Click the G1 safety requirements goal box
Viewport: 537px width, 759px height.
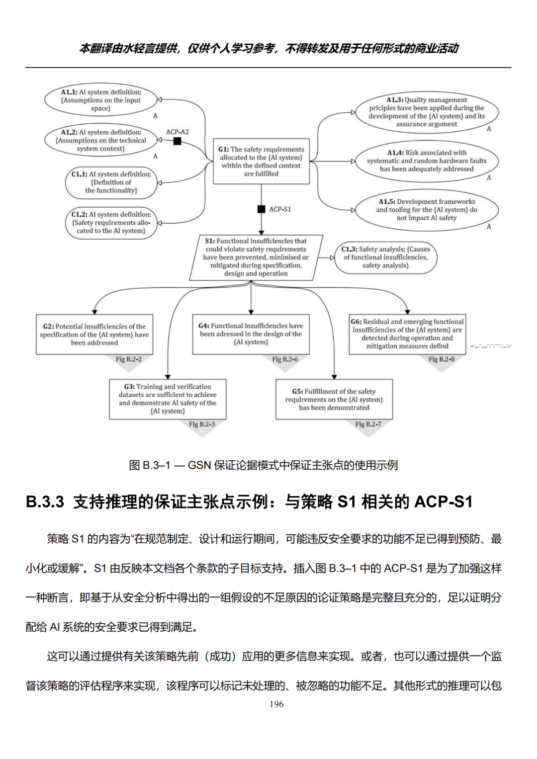click(x=261, y=161)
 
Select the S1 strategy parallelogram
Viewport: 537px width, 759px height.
click(x=256, y=257)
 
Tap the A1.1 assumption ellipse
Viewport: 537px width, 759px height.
click(x=101, y=99)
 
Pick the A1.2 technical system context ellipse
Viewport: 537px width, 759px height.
click(x=101, y=140)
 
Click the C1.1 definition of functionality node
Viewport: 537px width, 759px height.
click(x=111, y=182)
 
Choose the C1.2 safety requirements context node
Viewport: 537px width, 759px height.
click(x=111, y=222)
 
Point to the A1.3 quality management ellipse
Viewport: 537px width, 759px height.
click(x=426, y=112)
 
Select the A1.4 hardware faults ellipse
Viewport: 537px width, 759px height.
click(x=426, y=161)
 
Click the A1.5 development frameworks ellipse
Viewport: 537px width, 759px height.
click(x=426, y=209)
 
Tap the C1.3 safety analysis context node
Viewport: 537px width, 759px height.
click(x=385, y=257)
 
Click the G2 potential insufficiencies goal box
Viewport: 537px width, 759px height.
click(x=94, y=334)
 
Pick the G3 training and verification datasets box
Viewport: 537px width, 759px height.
click(x=168, y=399)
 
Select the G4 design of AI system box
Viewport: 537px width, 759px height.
click(x=251, y=334)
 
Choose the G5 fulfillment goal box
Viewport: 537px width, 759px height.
click(x=334, y=399)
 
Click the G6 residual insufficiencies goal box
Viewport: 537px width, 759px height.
click(x=407, y=334)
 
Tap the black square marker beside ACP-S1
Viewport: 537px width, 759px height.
click(x=261, y=209)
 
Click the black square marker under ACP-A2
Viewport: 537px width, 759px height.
click(x=177, y=141)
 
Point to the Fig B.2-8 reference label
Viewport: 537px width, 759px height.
click(x=441, y=359)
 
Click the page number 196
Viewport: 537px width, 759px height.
click(x=276, y=704)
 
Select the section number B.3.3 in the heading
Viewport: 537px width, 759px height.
click(x=45, y=502)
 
